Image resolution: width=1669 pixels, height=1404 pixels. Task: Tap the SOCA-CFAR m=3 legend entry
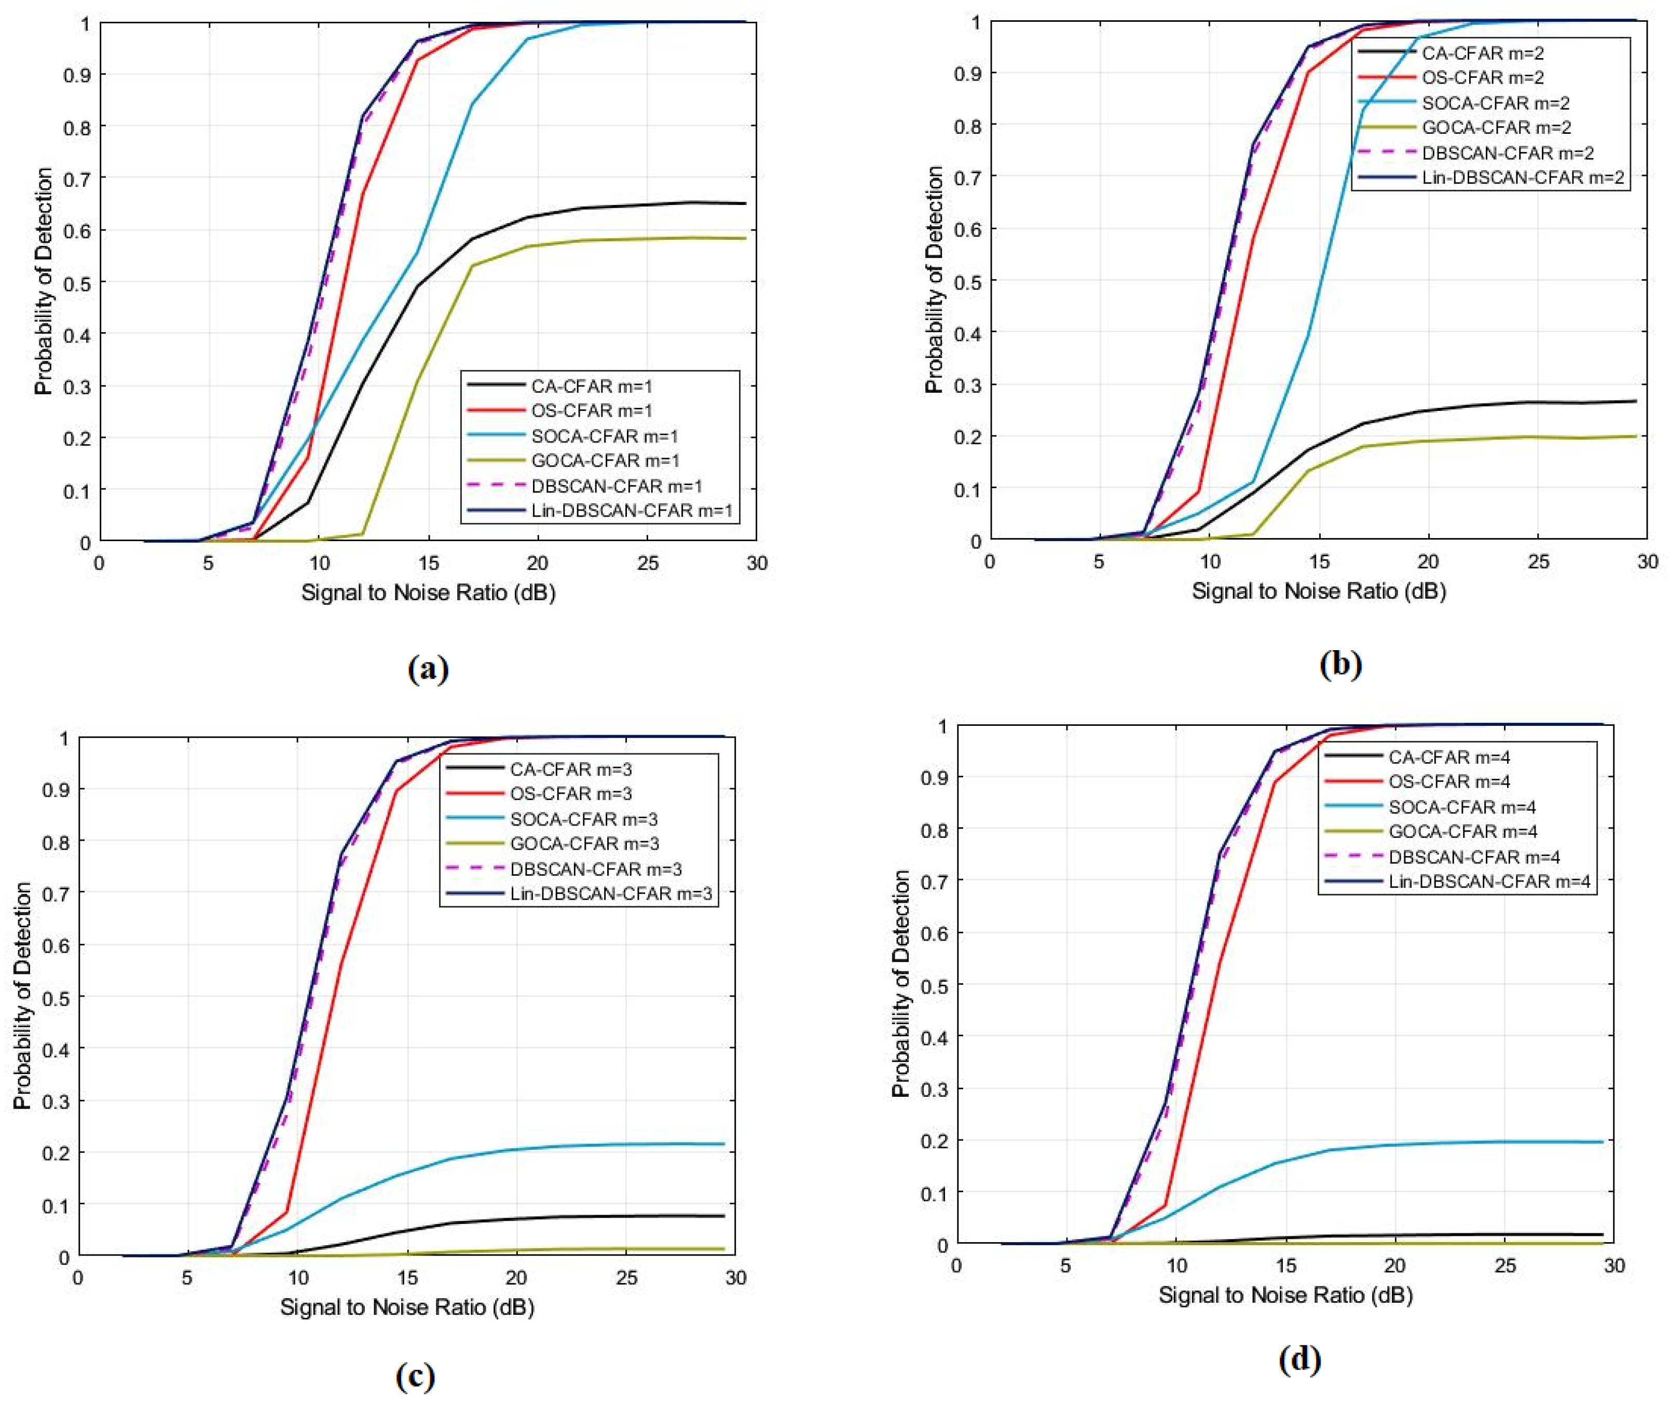(x=583, y=819)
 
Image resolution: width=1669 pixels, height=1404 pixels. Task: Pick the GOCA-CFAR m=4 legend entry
(x=1462, y=832)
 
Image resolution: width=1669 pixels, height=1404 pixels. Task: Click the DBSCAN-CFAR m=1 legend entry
(x=616, y=486)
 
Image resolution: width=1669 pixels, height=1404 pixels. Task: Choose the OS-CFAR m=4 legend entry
(x=1448, y=781)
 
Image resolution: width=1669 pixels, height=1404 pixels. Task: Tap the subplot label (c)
(x=415, y=1375)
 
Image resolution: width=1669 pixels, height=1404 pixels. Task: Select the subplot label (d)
(x=1299, y=1359)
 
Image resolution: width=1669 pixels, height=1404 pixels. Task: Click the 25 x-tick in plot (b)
(x=1538, y=562)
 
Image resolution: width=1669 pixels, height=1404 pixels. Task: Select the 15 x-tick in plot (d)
(x=1285, y=1265)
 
